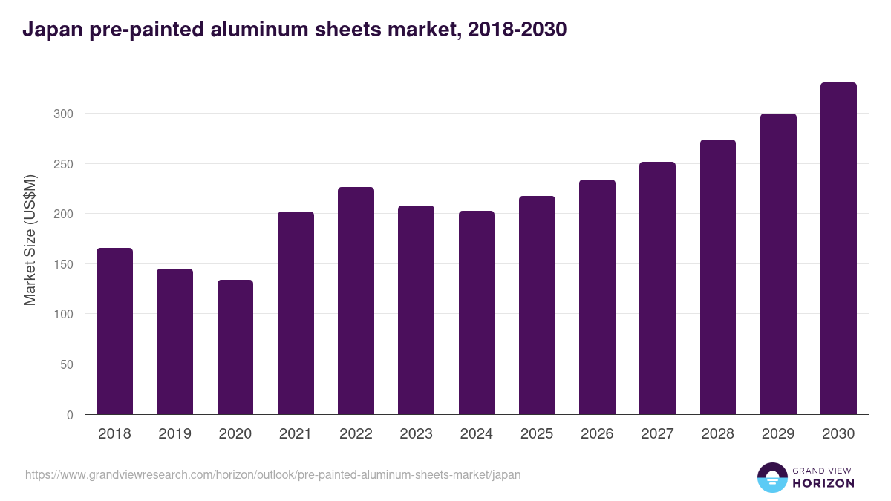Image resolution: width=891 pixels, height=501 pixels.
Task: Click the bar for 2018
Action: point(114,331)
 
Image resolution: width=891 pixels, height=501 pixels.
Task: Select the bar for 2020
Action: point(235,347)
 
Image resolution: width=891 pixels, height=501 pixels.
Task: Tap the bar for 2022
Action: point(356,301)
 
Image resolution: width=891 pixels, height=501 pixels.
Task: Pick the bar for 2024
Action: point(477,312)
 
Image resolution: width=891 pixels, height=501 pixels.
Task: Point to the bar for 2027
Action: point(657,288)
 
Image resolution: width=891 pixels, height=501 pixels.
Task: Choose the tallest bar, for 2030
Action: point(838,249)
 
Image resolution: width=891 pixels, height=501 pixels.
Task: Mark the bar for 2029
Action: point(778,264)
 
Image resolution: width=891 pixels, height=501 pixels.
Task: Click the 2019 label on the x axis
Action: point(174,434)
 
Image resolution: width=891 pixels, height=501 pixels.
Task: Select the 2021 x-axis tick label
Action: point(296,434)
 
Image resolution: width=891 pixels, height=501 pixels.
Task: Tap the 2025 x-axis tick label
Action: point(537,434)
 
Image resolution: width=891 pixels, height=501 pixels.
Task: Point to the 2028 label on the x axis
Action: point(718,434)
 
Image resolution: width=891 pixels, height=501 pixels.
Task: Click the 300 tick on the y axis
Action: point(63,114)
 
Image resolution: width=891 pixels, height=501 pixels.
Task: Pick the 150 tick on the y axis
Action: point(63,264)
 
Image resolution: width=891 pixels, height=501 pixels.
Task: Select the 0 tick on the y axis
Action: point(70,415)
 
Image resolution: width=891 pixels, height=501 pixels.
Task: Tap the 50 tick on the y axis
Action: point(66,364)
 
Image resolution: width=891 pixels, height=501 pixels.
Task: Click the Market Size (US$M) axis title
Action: point(30,240)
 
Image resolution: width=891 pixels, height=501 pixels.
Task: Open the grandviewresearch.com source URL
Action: point(272,474)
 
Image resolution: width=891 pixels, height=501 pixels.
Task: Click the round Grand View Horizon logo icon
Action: point(771,477)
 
